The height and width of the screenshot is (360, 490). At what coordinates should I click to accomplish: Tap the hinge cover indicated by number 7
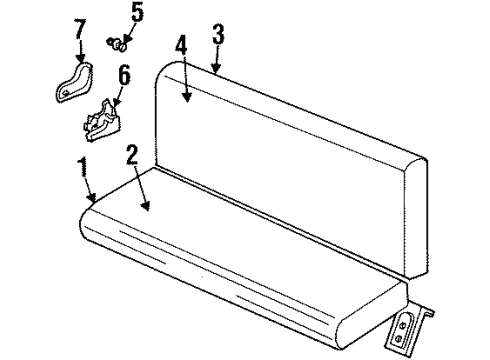[70, 83]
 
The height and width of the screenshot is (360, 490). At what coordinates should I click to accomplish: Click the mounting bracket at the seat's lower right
[410, 323]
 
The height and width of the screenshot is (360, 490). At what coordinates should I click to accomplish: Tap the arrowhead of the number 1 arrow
[93, 203]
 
